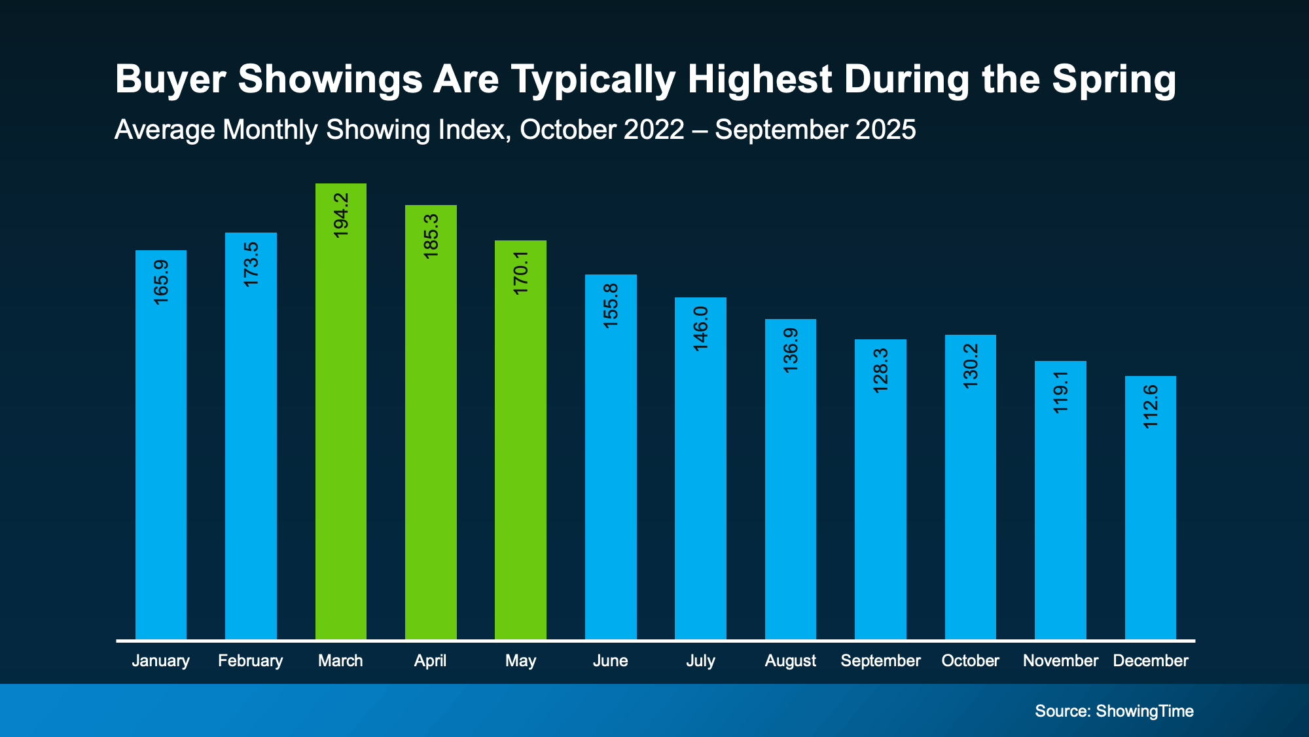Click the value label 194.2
341,215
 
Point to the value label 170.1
521,273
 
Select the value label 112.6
1151,407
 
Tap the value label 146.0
701,328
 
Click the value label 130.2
971,366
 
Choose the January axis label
160,660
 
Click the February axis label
250,660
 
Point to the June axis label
610,660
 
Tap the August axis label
790,660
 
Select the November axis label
1060,660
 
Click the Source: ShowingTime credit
1114,711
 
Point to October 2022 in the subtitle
601,130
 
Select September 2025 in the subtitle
815,130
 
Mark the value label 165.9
161,282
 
